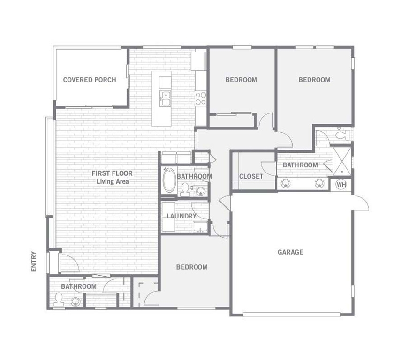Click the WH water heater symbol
pyautogui.click(x=341, y=184)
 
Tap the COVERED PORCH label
pyautogui.click(x=90, y=80)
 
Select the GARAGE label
pyautogui.click(x=290, y=252)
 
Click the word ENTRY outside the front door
pyautogui.click(x=34, y=261)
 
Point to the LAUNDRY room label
pyautogui.click(x=182, y=216)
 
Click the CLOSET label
pyautogui.click(x=251, y=176)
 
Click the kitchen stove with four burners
pyautogui.click(x=201, y=98)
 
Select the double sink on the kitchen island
pyautogui.click(x=165, y=98)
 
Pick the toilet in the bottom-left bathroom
pyautogui.click(x=59, y=299)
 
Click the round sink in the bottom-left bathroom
pyautogui.click(x=76, y=301)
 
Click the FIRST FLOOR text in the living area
pyautogui.click(x=112, y=173)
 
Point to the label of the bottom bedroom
pyautogui.click(x=192, y=267)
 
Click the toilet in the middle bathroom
pyautogui.click(x=185, y=190)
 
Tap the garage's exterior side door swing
pyautogui.click(x=361, y=203)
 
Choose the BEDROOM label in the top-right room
pyautogui.click(x=314, y=80)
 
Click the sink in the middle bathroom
pyautogui.click(x=201, y=191)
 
